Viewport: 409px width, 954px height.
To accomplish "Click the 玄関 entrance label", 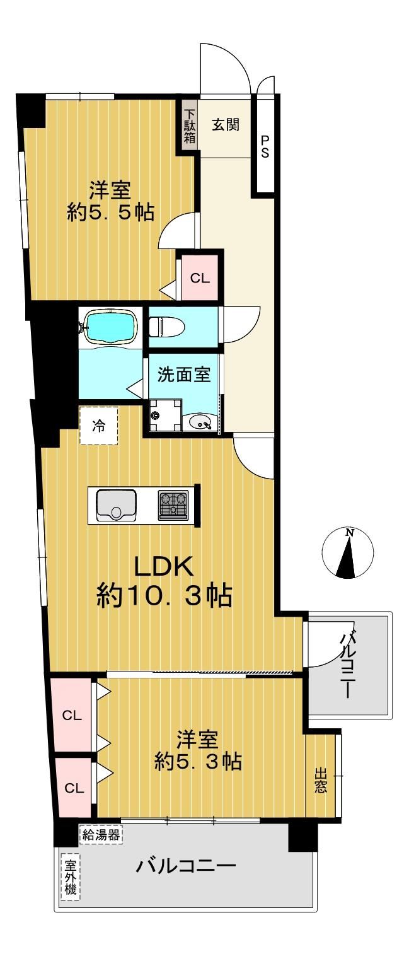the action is pyautogui.click(x=226, y=125).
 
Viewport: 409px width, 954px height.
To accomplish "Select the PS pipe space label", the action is pyautogui.click(x=265, y=147).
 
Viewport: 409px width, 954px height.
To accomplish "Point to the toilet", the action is pyautogui.click(x=167, y=327).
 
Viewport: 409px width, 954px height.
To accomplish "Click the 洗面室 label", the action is pyautogui.click(x=184, y=375).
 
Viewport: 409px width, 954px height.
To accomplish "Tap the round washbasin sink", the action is pyautogui.click(x=200, y=423).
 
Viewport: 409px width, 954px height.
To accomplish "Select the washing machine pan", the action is pyautogui.click(x=166, y=416).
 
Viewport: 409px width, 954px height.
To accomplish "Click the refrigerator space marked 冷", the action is pyautogui.click(x=99, y=426).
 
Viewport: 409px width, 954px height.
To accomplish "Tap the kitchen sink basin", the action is pyautogui.click(x=116, y=505).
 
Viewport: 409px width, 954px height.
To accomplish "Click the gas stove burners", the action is pyautogui.click(x=174, y=505).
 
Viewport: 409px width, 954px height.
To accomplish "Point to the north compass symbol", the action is pyautogui.click(x=348, y=552).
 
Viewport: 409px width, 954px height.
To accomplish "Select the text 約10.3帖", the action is pyautogui.click(x=164, y=595).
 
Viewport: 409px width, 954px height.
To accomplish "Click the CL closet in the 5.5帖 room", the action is pyautogui.click(x=200, y=278).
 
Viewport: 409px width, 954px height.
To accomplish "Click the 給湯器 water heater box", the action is pyautogui.click(x=101, y=835).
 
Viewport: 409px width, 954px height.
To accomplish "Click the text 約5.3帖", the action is pyautogui.click(x=199, y=762).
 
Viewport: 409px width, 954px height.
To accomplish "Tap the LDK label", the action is pyautogui.click(x=164, y=566).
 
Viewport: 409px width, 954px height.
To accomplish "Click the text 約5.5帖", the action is pyautogui.click(x=110, y=212).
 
